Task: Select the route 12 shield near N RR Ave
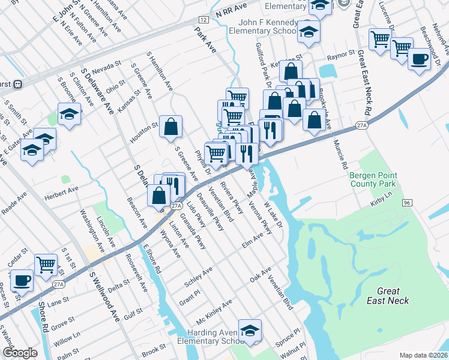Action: pos(204,20)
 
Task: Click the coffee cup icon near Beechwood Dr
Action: pos(419,59)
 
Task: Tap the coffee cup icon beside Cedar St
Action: pos(22,280)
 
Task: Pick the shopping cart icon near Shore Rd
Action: pos(46,263)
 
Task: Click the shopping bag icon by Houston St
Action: pos(170,126)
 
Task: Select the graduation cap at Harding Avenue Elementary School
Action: pos(250,330)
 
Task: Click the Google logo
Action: pos(20,353)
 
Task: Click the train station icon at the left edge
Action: pos(18,83)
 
